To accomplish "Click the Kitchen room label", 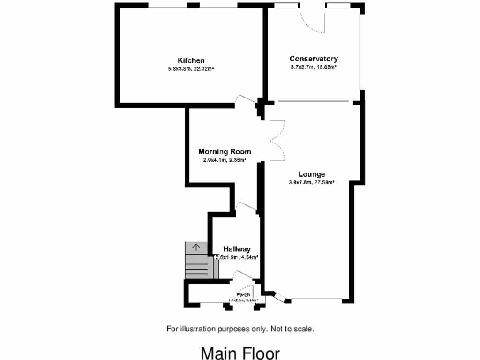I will pos(191,60).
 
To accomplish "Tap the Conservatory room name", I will pos(314,59).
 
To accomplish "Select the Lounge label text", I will pos(312,174).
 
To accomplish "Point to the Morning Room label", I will pos(225,151).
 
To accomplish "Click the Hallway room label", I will pos(237,249).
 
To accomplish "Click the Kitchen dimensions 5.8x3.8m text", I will pos(191,68).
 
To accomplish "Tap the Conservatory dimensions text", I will pos(314,67).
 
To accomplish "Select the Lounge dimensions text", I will pos(312,182).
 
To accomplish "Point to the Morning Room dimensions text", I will pos(225,159).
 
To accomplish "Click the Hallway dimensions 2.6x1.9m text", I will pos(237,257).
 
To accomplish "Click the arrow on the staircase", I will pos(196,246).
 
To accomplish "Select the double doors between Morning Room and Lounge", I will pos(277,140).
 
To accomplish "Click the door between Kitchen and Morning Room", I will pos(246,100).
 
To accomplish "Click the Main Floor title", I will pos(240,353).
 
